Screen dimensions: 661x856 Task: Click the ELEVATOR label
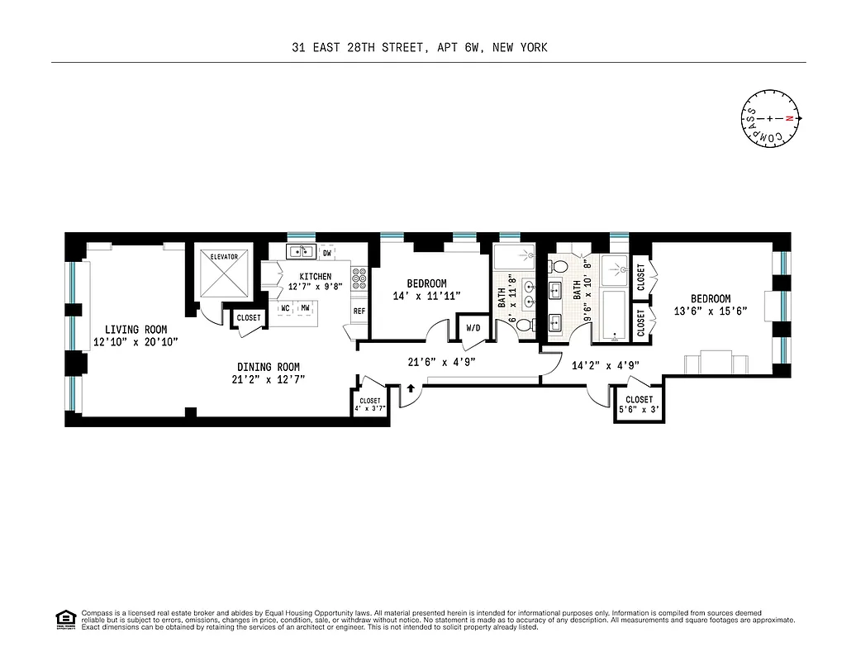(x=224, y=257)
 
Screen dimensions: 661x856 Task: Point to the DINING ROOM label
(x=268, y=368)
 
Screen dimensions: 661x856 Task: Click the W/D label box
(x=473, y=328)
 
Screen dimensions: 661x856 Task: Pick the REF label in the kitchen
(x=359, y=311)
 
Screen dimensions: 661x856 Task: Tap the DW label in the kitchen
(x=327, y=253)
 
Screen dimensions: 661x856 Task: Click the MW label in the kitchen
(x=305, y=308)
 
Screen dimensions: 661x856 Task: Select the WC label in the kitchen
(x=285, y=308)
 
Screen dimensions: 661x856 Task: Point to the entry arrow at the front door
(x=410, y=388)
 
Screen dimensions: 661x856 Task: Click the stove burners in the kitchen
(x=359, y=282)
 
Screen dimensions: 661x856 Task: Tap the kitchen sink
(x=299, y=251)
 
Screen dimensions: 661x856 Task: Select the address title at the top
(x=419, y=48)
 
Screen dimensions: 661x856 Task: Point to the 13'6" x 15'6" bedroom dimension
(x=711, y=311)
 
